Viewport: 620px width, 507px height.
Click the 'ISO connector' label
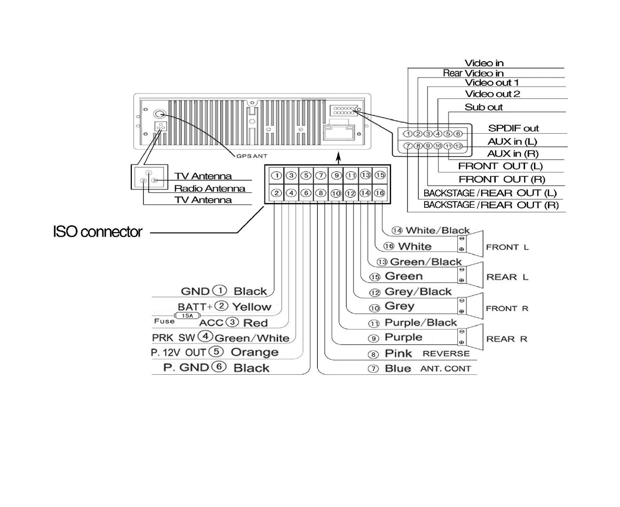(97, 232)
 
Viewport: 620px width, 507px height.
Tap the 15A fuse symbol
(187, 316)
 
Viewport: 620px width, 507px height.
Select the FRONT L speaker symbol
(470, 244)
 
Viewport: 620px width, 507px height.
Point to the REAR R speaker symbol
(470, 337)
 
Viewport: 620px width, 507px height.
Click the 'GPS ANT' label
(252, 156)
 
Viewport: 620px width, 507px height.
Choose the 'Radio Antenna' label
(209, 188)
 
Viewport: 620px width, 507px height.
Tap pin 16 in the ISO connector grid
(379, 193)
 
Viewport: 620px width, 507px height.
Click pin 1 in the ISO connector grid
(276, 175)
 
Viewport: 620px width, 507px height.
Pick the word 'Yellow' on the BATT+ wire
(252, 307)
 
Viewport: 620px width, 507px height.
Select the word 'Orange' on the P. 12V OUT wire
(255, 352)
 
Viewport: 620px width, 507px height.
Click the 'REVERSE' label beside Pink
(446, 353)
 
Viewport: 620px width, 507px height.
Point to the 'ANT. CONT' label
(445, 369)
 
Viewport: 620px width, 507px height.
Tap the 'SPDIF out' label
(513, 128)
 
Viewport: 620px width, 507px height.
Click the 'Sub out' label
(483, 107)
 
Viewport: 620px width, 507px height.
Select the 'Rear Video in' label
(473, 73)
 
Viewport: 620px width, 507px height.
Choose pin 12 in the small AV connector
(458, 146)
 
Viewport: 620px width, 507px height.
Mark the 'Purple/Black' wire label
(420, 323)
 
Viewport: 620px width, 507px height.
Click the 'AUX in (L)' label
(512, 141)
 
